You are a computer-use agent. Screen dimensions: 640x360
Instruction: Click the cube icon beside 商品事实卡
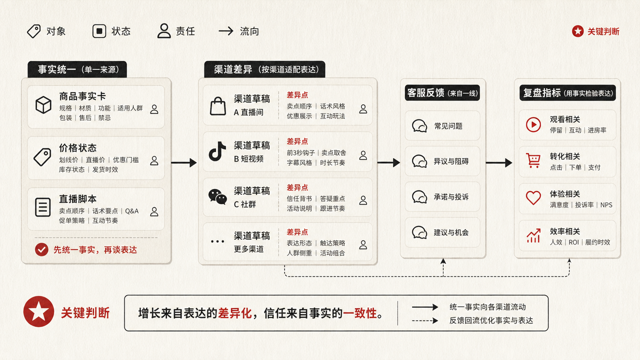(x=43, y=105)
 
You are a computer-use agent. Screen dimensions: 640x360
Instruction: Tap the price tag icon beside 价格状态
(x=42, y=157)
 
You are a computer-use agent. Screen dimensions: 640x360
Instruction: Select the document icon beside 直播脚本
(x=43, y=207)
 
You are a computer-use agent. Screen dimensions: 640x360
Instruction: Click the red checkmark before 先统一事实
(x=41, y=249)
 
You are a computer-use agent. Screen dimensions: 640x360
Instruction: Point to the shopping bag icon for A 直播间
(x=218, y=106)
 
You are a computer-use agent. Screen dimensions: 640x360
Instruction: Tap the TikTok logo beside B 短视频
(x=217, y=151)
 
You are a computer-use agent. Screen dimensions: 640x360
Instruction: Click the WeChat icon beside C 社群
(x=217, y=196)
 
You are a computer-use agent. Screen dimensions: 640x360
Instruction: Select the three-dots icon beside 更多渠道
(x=217, y=241)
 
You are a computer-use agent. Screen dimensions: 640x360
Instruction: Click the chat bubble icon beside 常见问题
(x=419, y=125)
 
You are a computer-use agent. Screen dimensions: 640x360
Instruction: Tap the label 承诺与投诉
(x=451, y=197)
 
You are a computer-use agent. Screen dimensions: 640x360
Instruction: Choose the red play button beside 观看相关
(x=533, y=124)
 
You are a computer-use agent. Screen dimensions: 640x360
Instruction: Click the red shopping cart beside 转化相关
(x=533, y=160)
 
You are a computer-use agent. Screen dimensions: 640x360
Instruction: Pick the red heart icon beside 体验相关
(x=533, y=197)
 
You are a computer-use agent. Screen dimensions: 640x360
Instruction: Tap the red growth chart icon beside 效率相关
(x=533, y=235)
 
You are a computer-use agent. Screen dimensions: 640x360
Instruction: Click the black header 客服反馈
(x=442, y=93)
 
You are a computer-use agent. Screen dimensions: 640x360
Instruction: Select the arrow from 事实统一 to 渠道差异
(x=184, y=162)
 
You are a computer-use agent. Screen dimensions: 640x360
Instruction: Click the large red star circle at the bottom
(x=39, y=311)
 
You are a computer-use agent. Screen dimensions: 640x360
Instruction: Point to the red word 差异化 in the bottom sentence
(x=234, y=313)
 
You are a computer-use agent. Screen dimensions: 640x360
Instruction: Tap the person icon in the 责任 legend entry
(x=164, y=31)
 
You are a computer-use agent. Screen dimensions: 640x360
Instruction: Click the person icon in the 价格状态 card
(x=154, y=160)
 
